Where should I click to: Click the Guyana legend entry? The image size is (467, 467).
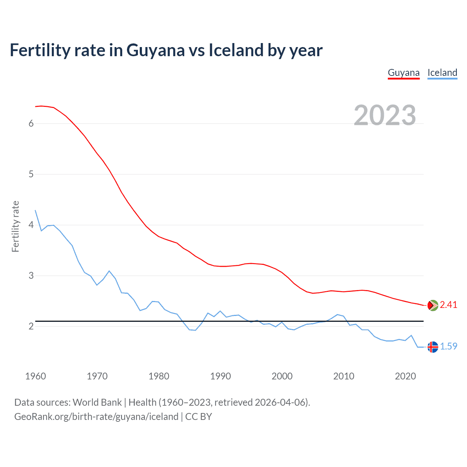point(404,73)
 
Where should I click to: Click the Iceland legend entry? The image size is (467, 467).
point(442,73)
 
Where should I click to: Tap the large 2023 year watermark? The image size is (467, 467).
point(385,115)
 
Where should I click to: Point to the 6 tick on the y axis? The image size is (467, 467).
point(31,124)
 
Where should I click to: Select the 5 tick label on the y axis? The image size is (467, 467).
point(31,174)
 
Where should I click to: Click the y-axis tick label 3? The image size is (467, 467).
point(31,276)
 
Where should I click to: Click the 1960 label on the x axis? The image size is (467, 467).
point(35,376)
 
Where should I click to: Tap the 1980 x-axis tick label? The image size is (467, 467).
point(159,376)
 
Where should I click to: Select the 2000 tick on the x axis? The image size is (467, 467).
point(282,376)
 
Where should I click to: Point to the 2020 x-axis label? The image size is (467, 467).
point(405,376)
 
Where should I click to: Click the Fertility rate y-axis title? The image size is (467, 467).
point(15,226)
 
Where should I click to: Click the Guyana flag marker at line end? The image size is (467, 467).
point(433,305)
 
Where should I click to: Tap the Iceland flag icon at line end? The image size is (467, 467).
point(433,347)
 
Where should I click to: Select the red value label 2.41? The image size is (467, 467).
point(448,305)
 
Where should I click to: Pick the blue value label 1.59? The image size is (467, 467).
point(448,347)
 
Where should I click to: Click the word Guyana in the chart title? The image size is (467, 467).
point(155,50)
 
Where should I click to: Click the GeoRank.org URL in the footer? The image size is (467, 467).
point(96,417)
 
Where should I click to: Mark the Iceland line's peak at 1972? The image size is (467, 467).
point(109,271)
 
